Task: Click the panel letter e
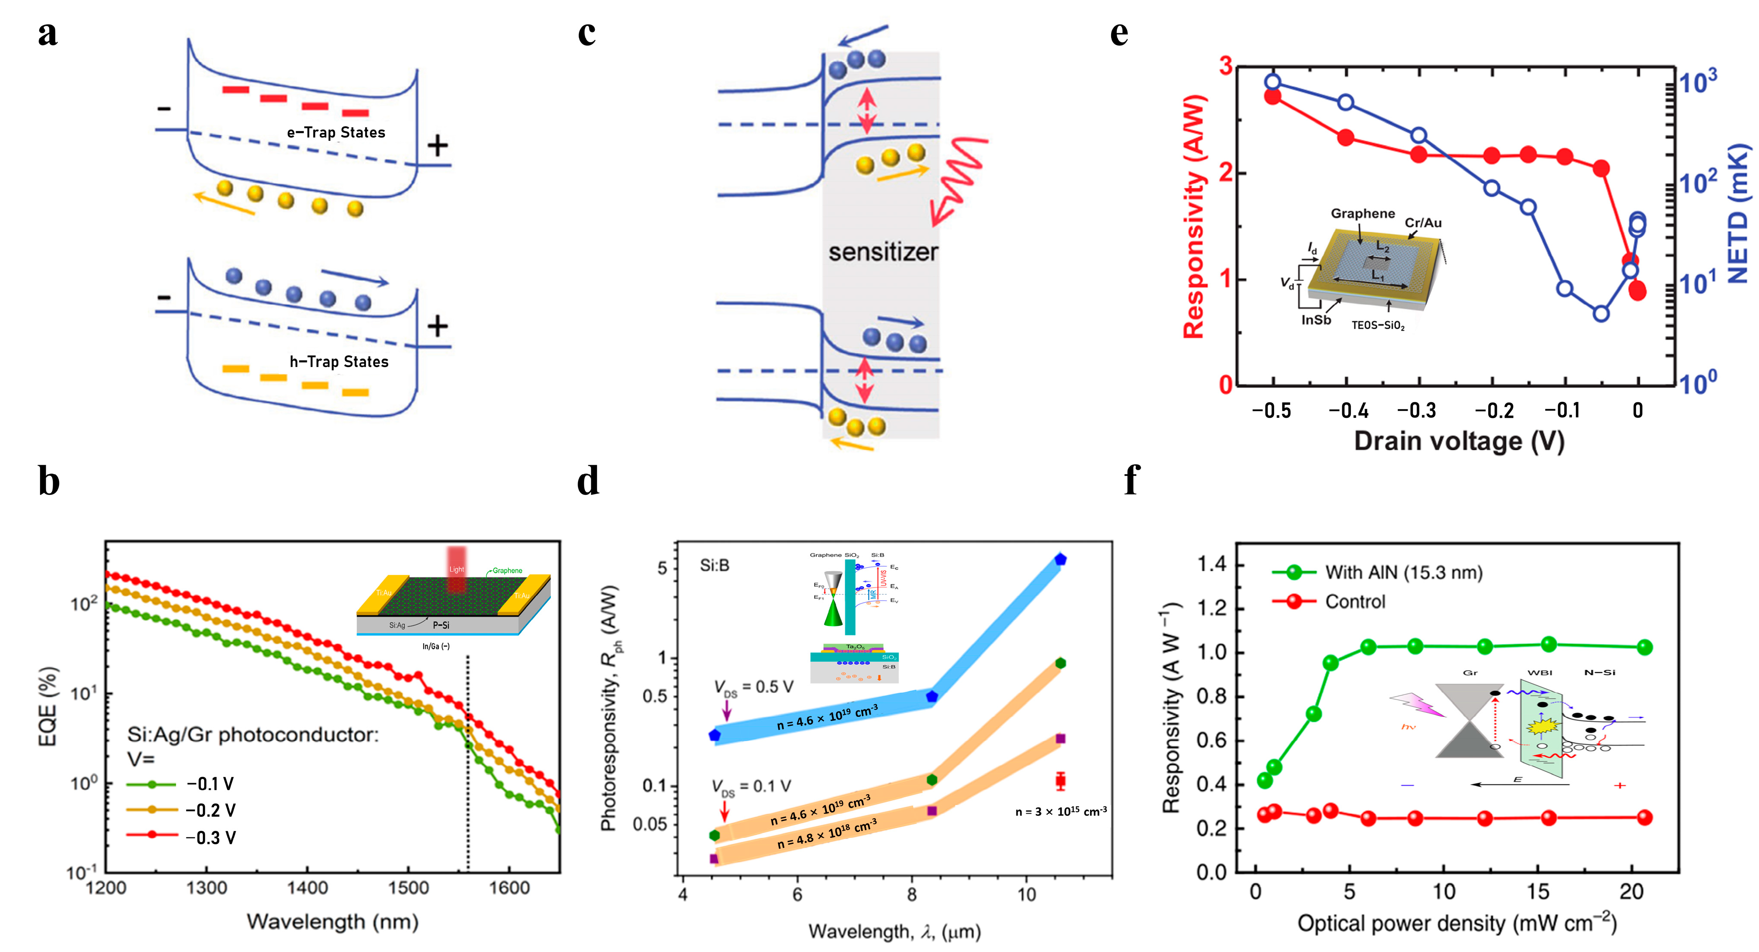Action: point(1119,34)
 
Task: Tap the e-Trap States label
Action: point(335,132)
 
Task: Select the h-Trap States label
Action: point(339,362)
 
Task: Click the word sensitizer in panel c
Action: point(883,252)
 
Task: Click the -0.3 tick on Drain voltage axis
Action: point(1417,410)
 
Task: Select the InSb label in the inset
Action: point(1315,320)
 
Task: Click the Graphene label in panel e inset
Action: point(1362,214)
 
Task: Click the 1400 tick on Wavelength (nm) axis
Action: point(307,888)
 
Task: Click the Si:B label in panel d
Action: point(714,565)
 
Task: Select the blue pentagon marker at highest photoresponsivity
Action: point(1060,560)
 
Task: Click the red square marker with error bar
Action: point(1060,781)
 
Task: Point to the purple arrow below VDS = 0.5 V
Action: point(727,711)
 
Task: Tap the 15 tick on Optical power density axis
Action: point(1538,891)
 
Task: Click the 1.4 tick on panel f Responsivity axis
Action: point(1212,564)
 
